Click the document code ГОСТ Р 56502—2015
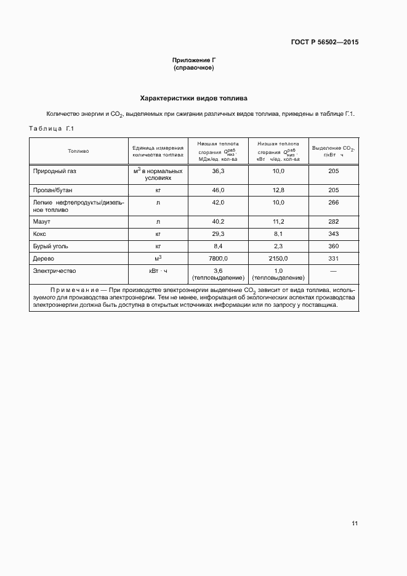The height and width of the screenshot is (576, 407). tap(324, 43)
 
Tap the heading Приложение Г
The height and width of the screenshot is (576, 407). tap(194, 60)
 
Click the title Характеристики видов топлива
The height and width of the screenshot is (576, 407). tap(194, 98)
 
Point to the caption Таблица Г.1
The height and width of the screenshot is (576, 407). tap(52, 129)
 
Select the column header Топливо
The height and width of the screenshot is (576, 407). tap(78, 150)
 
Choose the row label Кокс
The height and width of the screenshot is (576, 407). tap(40, 234)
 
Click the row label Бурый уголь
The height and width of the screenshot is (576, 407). tap(50, 246)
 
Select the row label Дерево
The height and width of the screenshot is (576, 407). tap(44, 259)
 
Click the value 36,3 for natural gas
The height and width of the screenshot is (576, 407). tap(218, 171)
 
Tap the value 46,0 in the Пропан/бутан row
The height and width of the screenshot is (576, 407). tap(218, 190)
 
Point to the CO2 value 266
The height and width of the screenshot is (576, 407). tap(334, 202)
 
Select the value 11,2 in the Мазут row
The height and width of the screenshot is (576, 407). tap(278, 221)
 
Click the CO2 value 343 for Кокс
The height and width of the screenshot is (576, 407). tap(334, 234)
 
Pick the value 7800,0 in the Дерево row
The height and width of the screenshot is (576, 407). tap(218, 259)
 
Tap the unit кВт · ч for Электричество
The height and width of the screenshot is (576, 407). tap(158, 270)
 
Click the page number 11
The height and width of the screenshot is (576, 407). tap(355, 524)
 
